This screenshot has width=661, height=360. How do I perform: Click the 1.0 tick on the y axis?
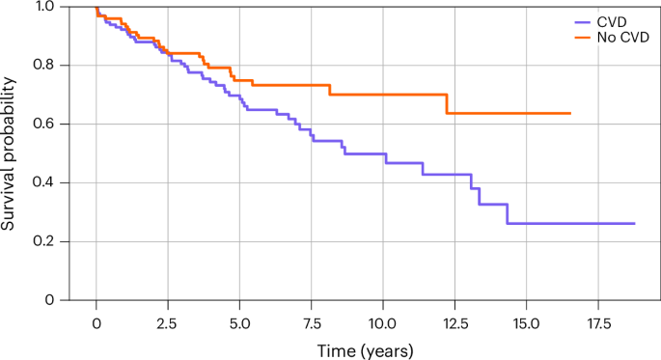click(x=44, y=7)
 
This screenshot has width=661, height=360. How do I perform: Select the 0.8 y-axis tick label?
click(x=44, y=66)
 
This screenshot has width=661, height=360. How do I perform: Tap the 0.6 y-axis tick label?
click(x=44, y=125)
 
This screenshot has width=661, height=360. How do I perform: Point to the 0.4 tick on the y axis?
click(x=44, y=183)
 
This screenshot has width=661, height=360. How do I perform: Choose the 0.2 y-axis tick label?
click(x=44, y=242)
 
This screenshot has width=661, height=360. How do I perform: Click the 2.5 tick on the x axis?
click(x=168, y=319)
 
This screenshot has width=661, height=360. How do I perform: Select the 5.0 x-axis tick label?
click(x=239, y=319)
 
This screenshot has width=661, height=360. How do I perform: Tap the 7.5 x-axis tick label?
click(x=311, y=319)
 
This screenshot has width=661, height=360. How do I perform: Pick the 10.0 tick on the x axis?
click(x=383, y=319)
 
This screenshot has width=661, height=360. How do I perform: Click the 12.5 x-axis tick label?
click(x=454, y=319)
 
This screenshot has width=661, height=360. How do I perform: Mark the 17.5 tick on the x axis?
click(x=598, y=319)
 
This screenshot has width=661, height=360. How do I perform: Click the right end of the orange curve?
click(x=570, y=113)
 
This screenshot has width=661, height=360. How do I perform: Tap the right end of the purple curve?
click(x=634, y=223)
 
